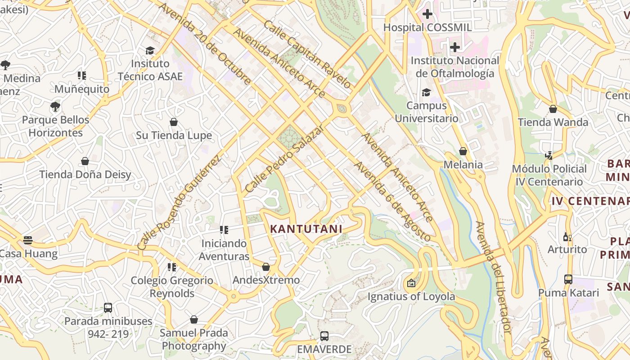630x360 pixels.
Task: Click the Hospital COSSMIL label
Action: [x=427, y=27]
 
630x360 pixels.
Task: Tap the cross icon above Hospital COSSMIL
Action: [x=427, y=14]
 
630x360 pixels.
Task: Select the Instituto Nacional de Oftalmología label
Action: [x=455, y=67]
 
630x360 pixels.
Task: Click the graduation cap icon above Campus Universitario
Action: [x=426, y=93]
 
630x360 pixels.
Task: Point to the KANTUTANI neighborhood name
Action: [x=306, y=229]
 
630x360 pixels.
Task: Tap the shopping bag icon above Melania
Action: [x=463, y=151]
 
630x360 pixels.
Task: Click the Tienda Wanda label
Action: [x=553, y=122]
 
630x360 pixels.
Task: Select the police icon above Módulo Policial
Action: [x=549, y=156]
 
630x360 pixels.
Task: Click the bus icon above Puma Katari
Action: [x=568, y=279]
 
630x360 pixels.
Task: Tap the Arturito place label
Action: [x=567, y=249]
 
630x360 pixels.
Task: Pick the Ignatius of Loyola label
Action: [x=411, y=297]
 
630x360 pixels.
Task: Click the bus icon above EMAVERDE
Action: [x=324, y=336]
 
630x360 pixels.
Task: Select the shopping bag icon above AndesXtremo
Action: [x=266, y=267]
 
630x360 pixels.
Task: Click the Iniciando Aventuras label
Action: [x=224, y=250]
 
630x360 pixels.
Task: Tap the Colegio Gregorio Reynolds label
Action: [x=172, y=287]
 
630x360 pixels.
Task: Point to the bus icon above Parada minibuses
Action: [x=108, y=308]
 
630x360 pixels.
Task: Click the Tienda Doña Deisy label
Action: [x=85, y=175]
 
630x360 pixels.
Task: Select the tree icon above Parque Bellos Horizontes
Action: [x=55, y=107]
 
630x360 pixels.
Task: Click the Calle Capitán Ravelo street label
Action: [x=307, y=54]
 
